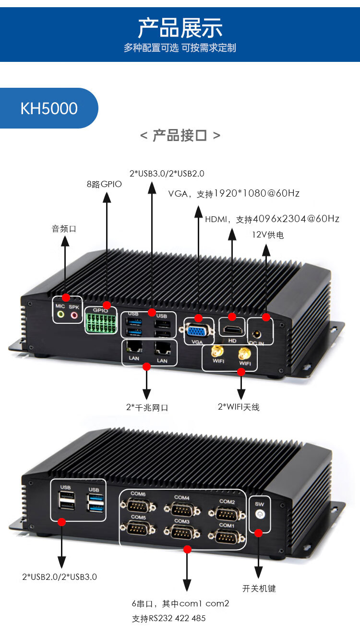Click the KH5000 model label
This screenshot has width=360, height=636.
[x=48, y=108]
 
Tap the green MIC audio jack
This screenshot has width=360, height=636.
[x=60, y=315]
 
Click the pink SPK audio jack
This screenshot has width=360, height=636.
[x=74, y=315]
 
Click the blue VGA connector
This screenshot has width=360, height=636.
[x=197, y=330]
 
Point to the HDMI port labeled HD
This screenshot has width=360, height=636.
[x=232, y=330]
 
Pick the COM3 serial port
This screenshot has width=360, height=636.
[x=181, y=531]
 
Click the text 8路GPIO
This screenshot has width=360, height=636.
[x=104, y=184]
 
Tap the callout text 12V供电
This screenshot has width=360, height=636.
[x=268, y=235]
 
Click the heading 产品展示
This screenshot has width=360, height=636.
[x=180, y=27]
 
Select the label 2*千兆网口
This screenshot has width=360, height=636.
[x=147, y=407]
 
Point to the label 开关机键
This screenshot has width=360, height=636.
[x=259, y=589]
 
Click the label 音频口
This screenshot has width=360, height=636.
[x=64, y=229]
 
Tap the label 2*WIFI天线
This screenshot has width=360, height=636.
[x=239, y=407]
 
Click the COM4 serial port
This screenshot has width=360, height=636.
[x=181, y=509]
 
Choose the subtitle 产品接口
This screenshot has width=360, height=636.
[x=180, y=136]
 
